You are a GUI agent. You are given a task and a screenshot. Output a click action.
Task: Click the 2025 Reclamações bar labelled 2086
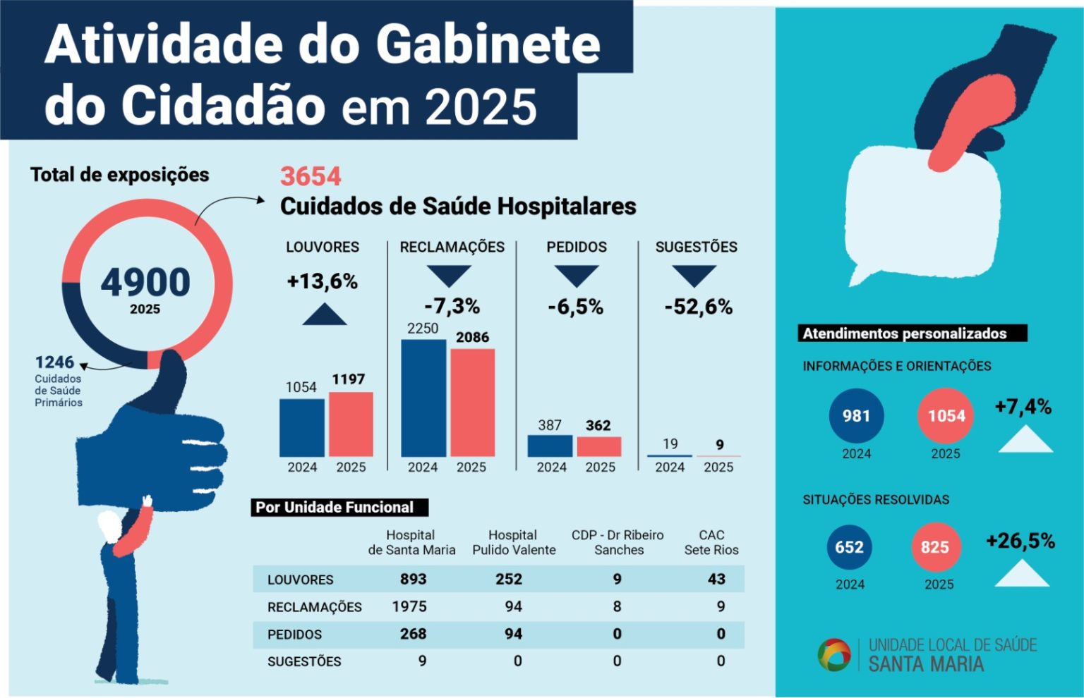point(472,403)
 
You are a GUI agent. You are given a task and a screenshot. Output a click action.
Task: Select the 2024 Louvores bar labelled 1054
point(302,427)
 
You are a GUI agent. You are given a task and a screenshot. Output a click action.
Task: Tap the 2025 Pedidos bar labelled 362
point(599,446)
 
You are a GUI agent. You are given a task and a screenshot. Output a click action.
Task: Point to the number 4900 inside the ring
point(145,282)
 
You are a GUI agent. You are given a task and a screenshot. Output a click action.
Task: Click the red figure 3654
point(311,176)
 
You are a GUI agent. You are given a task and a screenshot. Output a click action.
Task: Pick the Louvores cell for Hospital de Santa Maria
point(413,579)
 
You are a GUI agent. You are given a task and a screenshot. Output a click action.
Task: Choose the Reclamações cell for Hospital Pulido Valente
point(513,606)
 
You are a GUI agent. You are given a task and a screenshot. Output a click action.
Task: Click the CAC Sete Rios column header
point(711,542)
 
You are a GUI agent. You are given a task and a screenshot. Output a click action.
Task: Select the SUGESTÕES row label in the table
point(304,661)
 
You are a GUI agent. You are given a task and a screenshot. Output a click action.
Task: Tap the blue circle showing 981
point(856,416)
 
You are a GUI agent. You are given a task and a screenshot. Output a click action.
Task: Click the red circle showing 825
point(934,547)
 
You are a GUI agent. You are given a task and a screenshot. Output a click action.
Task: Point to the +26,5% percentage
point(1020,541)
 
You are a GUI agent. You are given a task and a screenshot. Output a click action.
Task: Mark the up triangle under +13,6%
point(325,316)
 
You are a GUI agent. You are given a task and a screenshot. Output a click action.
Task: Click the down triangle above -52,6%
point(694,275)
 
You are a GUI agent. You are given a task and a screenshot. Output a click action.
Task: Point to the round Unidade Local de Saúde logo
point(833,654)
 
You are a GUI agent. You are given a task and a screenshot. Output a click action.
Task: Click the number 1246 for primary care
point(54,362)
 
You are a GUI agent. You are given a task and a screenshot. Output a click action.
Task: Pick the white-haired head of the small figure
point(109,525)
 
